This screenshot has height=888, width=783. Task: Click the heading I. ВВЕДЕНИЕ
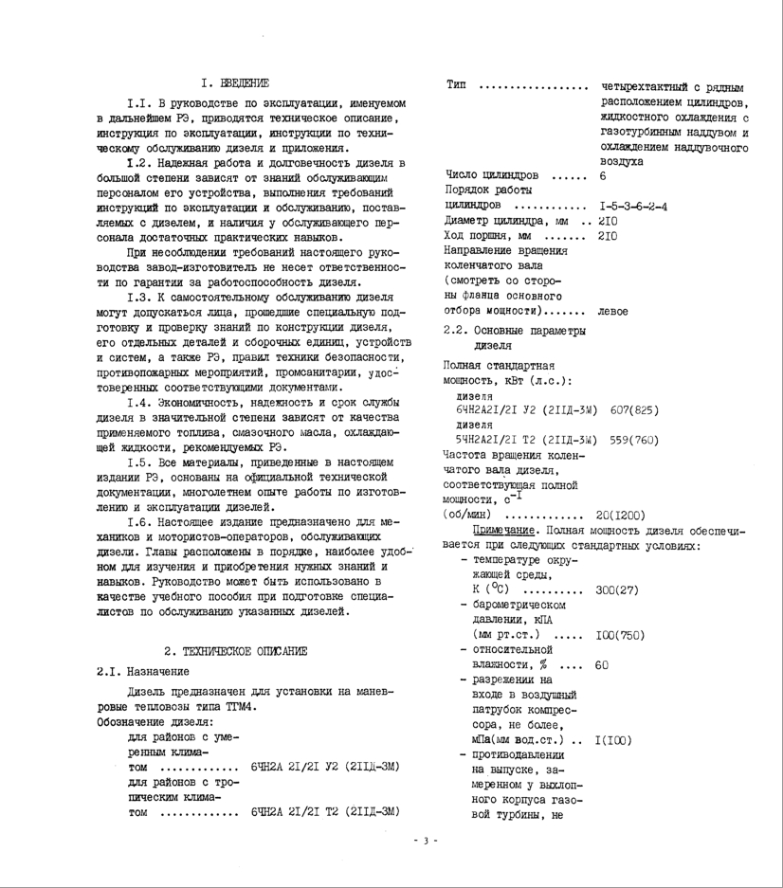tap(234, 83)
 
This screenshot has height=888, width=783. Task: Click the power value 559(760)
tap(629, 440)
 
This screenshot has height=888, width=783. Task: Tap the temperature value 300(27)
tap(616, 589)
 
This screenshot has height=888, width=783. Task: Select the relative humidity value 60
tap(602, 664)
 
